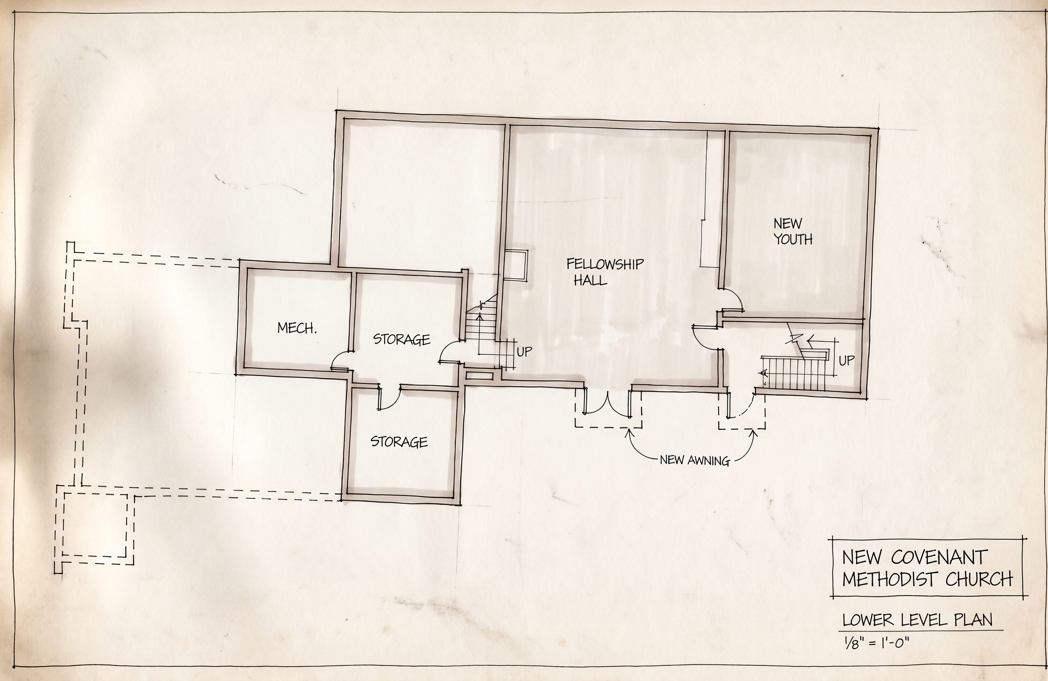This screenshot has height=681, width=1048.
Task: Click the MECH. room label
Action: point(297,328)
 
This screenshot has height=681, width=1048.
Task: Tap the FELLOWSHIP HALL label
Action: point(605,272)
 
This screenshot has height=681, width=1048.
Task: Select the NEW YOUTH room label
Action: point(793,231)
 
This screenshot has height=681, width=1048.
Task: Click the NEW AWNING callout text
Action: point(695,461)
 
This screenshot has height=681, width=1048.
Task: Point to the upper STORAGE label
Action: point(402,339)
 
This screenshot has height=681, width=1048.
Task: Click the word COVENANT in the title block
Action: point(938,557)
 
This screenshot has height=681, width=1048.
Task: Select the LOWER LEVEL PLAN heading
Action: point(918,620)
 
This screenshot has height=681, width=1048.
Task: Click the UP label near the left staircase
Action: point(524,352)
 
